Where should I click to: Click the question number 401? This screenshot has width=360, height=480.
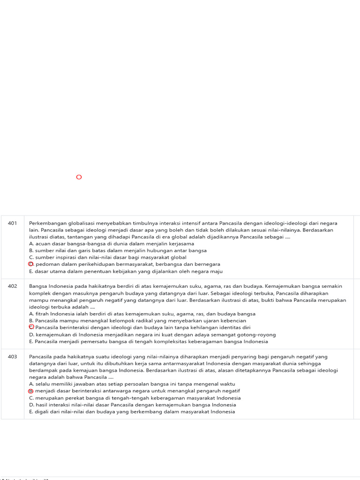point(12,223)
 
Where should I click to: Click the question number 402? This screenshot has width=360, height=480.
point(12,286)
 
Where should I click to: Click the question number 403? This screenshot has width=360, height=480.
point(12,356)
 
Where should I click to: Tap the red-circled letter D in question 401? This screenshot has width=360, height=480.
point(31,264)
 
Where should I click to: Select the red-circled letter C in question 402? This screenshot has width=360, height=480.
point(31,327)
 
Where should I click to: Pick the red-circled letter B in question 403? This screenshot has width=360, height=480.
point(31,390)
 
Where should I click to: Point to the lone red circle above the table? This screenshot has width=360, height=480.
point(79,177)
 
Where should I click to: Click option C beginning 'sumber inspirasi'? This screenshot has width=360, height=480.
point(107,257)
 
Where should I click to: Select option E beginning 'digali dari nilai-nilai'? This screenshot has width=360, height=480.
point(132,412)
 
